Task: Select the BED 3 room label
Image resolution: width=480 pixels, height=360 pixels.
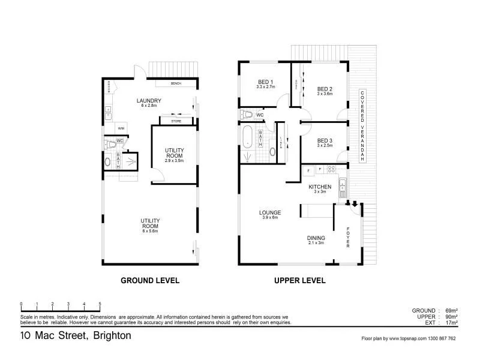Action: pos(325,140)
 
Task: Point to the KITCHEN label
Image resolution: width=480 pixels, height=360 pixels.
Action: pos(320,187)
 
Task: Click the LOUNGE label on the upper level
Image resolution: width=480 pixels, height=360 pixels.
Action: pos(270,212)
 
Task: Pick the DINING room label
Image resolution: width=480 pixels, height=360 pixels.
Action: pos(316,237)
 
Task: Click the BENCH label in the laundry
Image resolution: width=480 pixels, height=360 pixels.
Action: pos(176,84)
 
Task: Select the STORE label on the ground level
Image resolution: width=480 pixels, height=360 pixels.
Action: pos(176,122)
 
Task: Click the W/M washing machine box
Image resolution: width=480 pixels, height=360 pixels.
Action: pos(121,128)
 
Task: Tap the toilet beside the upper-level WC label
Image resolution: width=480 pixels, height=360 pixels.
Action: pos(247,114)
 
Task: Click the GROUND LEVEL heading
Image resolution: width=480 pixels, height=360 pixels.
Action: pos(150,280)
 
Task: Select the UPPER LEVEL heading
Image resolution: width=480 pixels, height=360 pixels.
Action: pos(299,280)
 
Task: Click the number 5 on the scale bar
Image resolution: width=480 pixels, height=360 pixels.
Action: pos(100,304)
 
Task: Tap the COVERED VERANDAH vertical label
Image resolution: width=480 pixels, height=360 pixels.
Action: pos(362,127)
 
